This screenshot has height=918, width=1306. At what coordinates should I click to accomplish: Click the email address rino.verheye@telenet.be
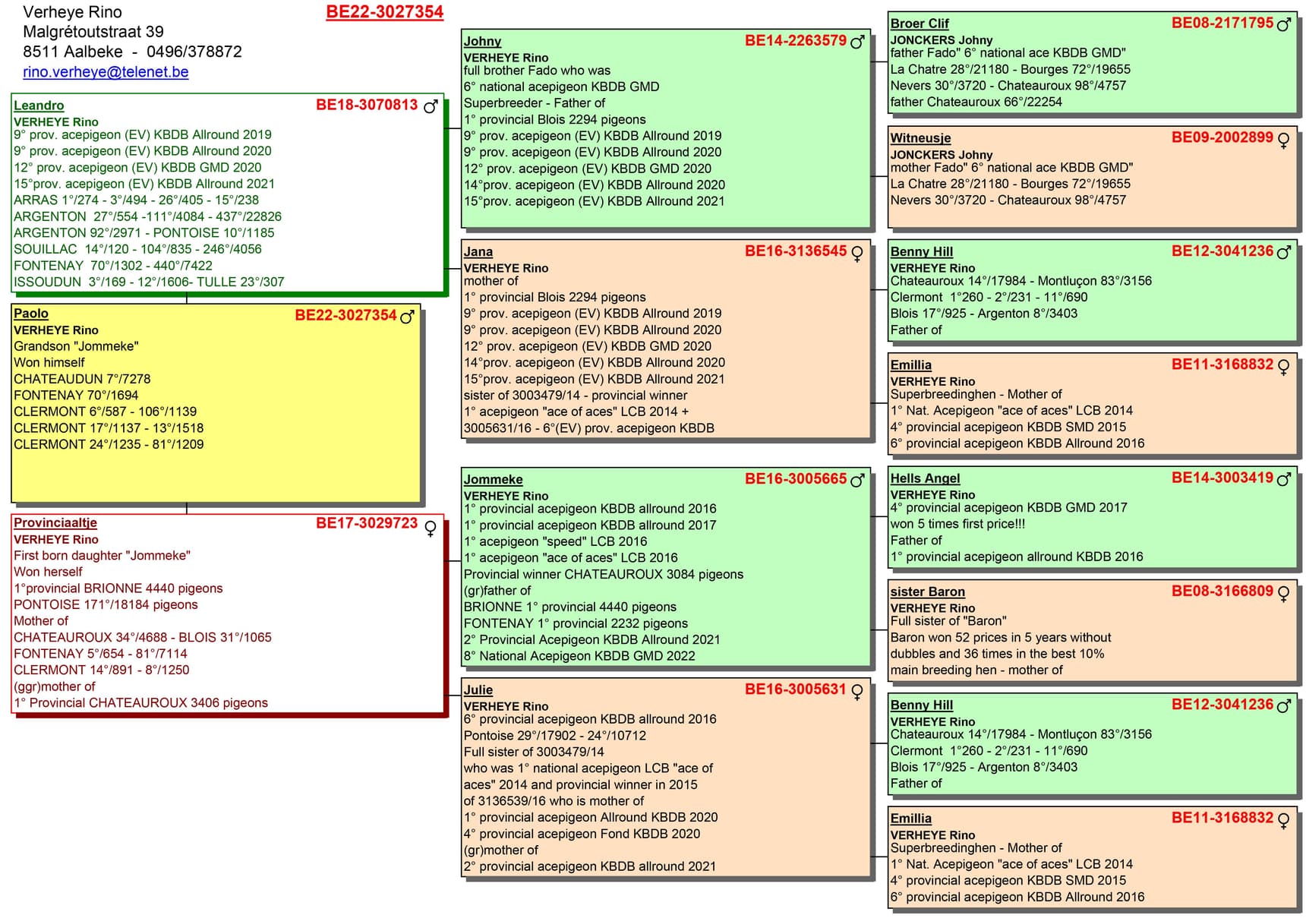pyautogui.click(x=106, y=72)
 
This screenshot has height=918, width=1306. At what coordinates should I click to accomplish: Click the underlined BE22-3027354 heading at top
pyautogui.click(x=384, y=12)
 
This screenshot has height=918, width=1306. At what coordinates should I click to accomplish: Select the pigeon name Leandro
pyautogui.click(x=39, y=106)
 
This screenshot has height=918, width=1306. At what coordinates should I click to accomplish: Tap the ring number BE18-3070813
pyautogui.click(x=367, y=105)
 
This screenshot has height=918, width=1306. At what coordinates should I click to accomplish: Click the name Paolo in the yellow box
pyautogui.click(x=31, y=314)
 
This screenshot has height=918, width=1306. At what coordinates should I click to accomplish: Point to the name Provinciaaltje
pyautogui.click(x=55, y=522)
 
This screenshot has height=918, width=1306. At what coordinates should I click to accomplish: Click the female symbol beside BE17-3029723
pyautogui.click(x=431, y=528)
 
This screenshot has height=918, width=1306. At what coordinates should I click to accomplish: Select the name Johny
pyautogui.click(x=483, y=41)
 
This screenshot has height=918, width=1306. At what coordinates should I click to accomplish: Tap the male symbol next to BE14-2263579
pyautogui.click(x=857, y=42)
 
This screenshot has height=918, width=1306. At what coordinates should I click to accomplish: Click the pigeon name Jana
pyautogui.click(x=478, y=251)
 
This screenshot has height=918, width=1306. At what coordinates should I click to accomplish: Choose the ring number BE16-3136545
pyautogui.click(x=795, y=251)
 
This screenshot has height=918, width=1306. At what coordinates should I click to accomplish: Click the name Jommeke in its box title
pyautogui.click(x=494, y=479)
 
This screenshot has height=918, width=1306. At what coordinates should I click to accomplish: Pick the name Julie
pyautogui.click(x=478, y=689)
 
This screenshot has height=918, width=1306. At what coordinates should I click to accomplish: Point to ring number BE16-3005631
pyautogui.click(x=795, y=689)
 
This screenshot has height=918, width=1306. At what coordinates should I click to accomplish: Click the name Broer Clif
pyautogui.click(x=920, y=24)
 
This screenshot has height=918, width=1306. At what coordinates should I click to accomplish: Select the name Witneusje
pyautogui.click(x=920, y=138)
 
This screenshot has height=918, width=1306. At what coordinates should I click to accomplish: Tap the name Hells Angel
pyautogui.click(x=925, y=478)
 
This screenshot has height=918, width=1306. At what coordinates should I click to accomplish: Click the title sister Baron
pyautogui.click(x=927, y=591)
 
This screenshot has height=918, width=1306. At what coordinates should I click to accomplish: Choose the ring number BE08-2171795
pyautogui.click(x=1222, y=23)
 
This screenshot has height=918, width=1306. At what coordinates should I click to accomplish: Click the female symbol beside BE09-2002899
pyautogui.click(x=1284, y=140)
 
